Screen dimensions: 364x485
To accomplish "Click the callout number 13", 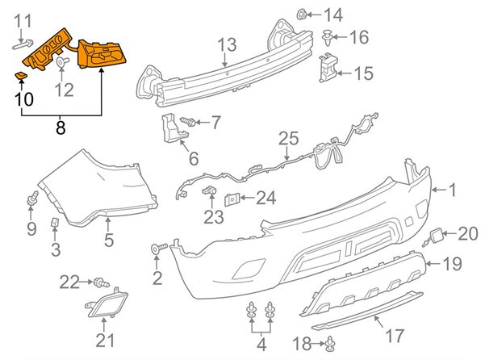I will point(227,44).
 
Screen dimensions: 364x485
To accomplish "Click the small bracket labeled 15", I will point(328,67).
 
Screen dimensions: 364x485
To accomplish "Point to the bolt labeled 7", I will point(189,122).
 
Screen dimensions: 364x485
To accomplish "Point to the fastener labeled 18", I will point(330,346).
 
